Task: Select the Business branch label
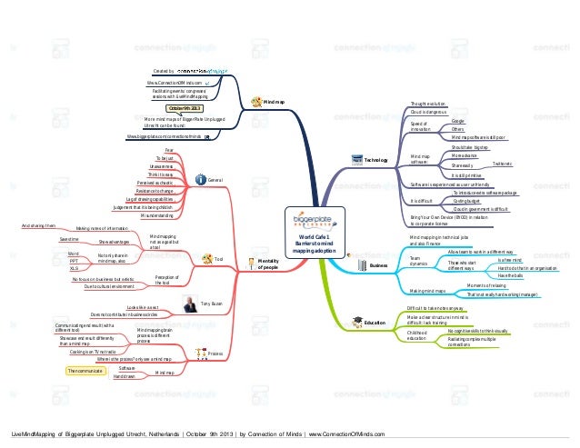tap(378, 265)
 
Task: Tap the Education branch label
tap(375, 323)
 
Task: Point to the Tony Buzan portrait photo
tap(189, 304)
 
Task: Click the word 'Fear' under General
tap(169, 149)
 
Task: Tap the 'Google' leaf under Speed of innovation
tap(458, 121)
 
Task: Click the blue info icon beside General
tap(199, 181)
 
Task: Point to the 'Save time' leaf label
tap(69, 238)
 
